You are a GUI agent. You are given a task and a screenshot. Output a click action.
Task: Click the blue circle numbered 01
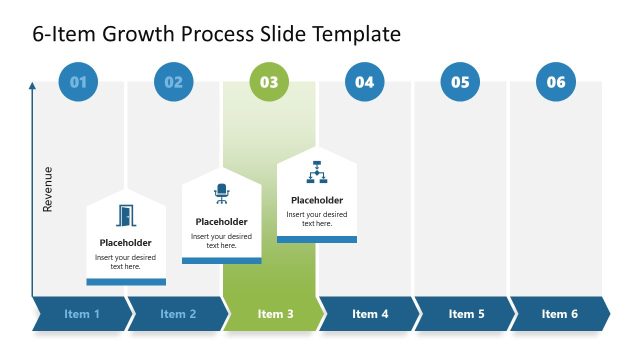coord(78,82)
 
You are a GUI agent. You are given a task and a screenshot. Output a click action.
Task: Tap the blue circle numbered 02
coord(174,82)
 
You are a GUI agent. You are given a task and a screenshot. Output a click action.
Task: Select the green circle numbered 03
coord(269,82)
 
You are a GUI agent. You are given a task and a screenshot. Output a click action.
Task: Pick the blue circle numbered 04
coord(365,82)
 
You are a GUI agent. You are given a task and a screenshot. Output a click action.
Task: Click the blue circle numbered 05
coord(460,82)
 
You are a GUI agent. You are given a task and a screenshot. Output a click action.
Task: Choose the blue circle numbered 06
coord(556,82)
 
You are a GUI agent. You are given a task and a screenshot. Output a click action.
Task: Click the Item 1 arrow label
coord(82,314)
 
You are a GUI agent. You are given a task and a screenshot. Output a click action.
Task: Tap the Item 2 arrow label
coord(177,314)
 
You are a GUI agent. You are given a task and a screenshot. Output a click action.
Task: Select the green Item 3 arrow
coord(275,314)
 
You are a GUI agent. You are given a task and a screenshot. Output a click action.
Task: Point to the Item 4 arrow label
coord(370,314)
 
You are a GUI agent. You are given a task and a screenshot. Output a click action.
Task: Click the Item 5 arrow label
coord(466,314)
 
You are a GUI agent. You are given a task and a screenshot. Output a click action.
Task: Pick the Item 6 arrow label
coord(560,314)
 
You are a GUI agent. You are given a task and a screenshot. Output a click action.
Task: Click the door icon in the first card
coord(126,216)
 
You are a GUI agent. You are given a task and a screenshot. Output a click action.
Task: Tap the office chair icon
coord(221,194)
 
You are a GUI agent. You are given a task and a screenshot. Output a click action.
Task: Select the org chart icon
coord(317,171)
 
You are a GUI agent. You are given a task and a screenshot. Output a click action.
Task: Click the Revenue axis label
coord(48,189)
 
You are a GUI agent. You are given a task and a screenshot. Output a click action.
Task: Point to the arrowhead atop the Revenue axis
coord(33,87)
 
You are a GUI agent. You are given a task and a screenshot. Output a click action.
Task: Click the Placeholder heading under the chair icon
coord(221,222)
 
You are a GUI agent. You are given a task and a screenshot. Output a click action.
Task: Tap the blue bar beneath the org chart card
coord(317,239)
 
